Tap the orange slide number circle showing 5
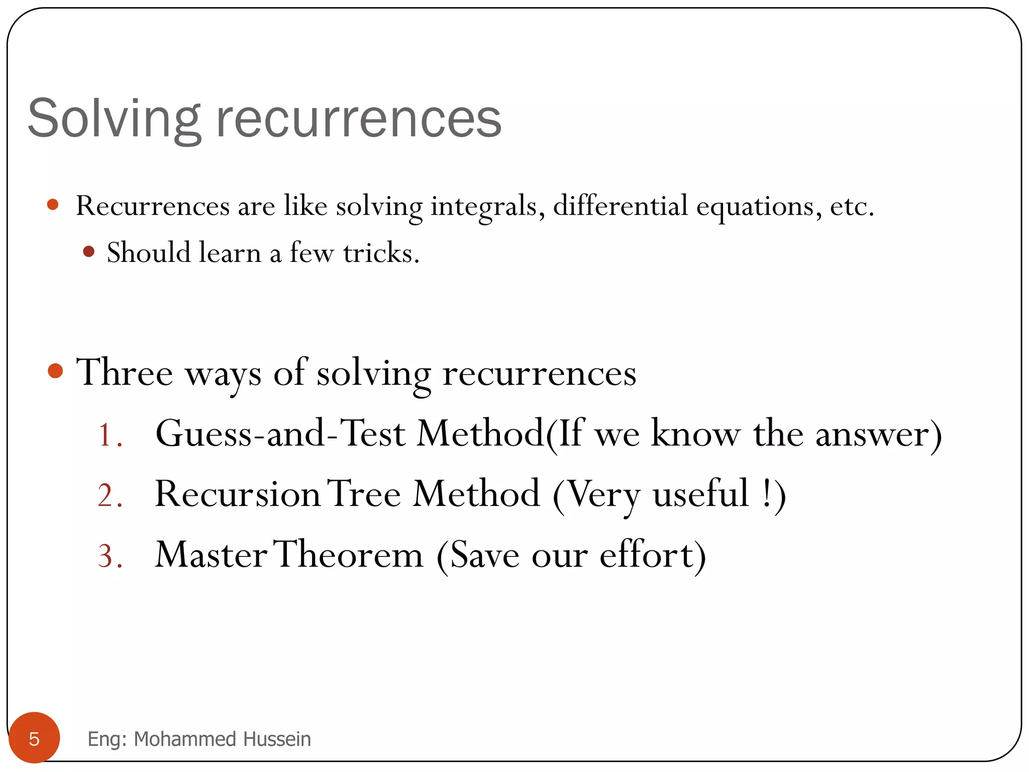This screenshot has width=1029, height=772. (34, 738)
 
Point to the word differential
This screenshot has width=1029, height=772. (620, 206)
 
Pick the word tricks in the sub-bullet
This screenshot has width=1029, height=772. (381, 252)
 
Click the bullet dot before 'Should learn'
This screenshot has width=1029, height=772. (89, 251)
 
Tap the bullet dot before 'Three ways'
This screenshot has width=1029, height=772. (55, 371)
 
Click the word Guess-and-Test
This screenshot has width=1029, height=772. (280, 433)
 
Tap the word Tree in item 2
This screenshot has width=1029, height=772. (364, 494)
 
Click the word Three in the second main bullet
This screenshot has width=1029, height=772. (125, 372)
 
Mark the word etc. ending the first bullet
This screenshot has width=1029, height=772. (852, 207)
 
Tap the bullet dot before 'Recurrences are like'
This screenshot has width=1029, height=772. (53, 205)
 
